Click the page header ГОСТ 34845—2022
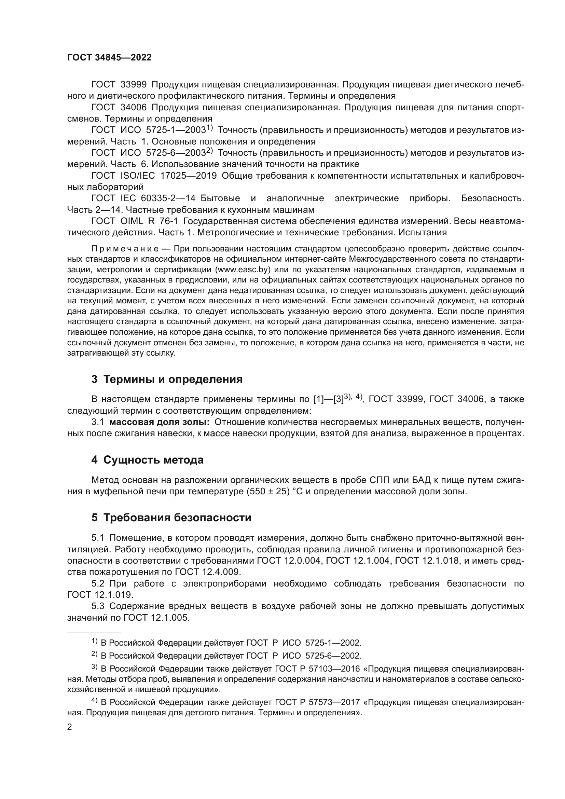point(109,58)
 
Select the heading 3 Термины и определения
point(167,379)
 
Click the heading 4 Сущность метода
point(147,460)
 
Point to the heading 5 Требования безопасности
point(171,518)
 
